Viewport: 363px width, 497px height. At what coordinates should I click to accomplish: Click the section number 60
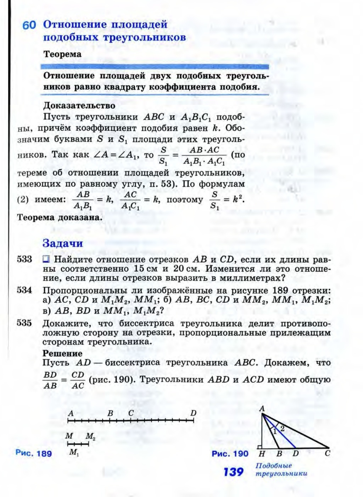pos(29,25)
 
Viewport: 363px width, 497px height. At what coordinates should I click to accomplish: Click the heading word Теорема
pos(62,54)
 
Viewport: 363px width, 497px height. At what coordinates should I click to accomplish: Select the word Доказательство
pos(79,105)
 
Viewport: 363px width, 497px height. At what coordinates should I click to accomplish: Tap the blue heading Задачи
pos(62,243)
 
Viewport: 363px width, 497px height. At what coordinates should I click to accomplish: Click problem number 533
pos(24,259)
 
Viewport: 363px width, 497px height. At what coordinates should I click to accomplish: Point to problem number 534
pos(24,290)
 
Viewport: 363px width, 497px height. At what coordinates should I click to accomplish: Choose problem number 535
pos(24,323)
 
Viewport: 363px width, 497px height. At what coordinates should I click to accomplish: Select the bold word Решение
pos(62,353)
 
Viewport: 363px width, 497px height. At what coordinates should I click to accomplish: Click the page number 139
pos(233,472)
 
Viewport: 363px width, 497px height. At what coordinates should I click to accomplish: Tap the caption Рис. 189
pos(34,453)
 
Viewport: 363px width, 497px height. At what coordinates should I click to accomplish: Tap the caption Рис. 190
pos(230,453)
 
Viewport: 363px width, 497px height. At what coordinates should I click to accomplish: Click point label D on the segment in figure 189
pos(193,413)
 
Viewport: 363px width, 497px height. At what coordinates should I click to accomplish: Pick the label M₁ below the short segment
pos(74,452)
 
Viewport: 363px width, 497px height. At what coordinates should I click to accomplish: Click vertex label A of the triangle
pos(262,409)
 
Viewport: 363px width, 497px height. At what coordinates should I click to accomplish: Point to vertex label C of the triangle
pos(328,453)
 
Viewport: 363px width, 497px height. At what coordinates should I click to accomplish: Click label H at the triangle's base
pos(262,454)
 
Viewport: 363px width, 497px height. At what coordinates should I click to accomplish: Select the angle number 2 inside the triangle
pos(282,429)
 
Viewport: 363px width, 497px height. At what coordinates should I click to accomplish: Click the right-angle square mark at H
pos(261,446)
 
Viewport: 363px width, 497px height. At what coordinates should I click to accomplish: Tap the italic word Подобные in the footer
pos(273,466)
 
